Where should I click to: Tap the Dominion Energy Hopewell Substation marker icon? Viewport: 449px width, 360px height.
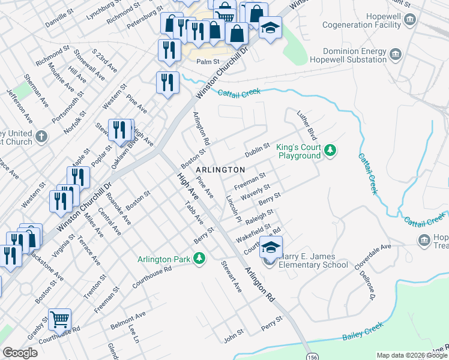(396, 56)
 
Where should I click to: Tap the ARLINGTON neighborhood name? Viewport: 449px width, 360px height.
(220, 170)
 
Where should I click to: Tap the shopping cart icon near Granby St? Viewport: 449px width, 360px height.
(59, 320)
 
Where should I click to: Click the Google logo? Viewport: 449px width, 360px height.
(20, 353)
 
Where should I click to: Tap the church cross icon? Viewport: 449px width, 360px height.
(41, 137)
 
